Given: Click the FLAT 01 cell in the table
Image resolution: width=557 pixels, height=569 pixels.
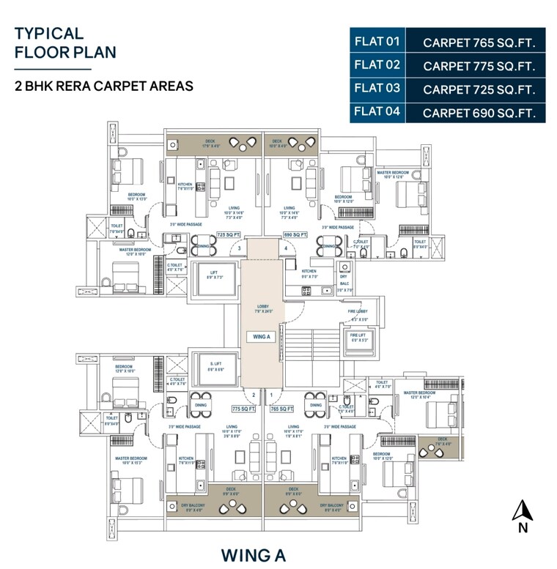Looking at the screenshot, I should click(x=377, y=41).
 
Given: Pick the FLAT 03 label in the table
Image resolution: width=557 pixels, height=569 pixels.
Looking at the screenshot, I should click(x=377, y=89).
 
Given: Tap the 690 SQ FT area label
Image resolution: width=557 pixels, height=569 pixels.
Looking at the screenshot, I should click(x=295, y=235).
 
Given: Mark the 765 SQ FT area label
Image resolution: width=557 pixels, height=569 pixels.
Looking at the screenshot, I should click(x=281, y=409).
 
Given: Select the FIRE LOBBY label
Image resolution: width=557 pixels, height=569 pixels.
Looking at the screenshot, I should click(x=358, y=312).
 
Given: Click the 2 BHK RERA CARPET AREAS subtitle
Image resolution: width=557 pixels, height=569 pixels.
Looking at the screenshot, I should click(x=104, y=86).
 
